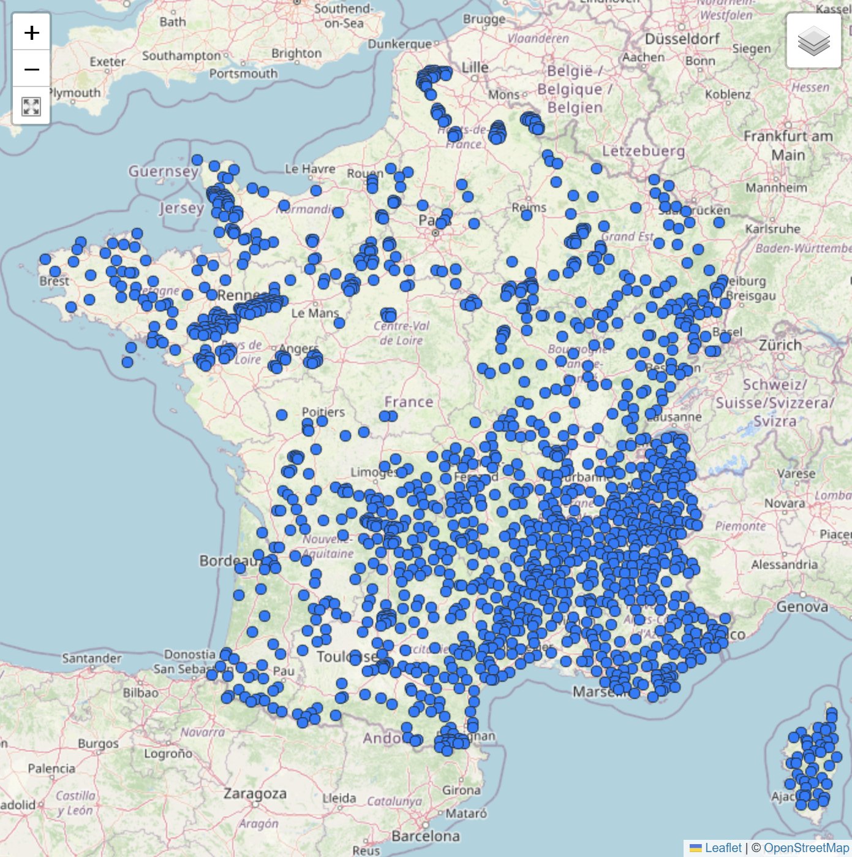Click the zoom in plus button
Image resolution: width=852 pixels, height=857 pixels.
point(31,32)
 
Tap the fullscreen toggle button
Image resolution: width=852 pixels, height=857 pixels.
point(31,106)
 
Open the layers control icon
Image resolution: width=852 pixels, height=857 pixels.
point(813,41)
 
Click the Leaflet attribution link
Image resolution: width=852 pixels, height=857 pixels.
point(723,848)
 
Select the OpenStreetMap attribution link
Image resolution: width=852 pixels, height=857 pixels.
point(806,848)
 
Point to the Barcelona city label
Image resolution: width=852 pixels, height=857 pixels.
point(426,836)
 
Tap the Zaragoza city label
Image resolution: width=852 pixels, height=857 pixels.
point(255,793)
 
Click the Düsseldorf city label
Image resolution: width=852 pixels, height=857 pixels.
point(683,39)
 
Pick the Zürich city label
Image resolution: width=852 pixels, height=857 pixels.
point(780,345)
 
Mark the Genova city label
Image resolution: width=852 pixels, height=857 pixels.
point(802,606)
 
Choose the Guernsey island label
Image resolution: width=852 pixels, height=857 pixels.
point(163,171)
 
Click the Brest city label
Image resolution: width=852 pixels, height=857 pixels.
point(55,281)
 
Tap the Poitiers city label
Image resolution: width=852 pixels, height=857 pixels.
point(323,412)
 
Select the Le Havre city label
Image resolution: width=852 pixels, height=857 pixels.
point(310,169)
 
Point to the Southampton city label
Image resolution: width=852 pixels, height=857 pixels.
point(181,56)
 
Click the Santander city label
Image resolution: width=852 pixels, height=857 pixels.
point(92,658)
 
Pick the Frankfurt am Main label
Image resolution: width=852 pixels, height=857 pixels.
point(788,145)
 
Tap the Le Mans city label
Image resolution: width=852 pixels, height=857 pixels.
point(315,313)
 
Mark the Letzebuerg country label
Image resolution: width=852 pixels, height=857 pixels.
point(643,151)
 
